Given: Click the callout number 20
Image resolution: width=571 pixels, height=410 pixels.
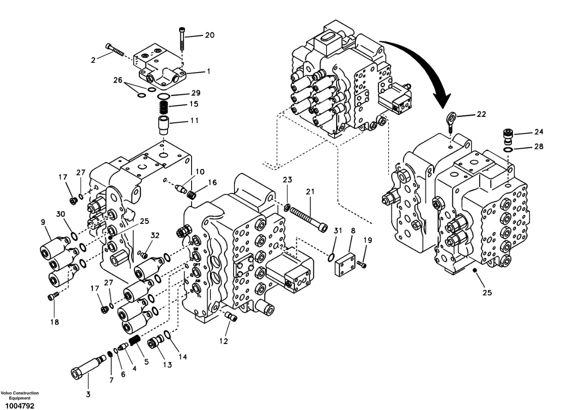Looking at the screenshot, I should click(209, 35).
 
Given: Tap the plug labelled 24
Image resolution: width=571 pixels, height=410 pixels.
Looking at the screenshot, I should click(508, 137).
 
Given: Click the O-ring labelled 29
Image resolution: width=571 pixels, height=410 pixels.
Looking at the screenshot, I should click(163, 96).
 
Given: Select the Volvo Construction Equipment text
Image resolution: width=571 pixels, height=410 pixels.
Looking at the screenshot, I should click(19, 395).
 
